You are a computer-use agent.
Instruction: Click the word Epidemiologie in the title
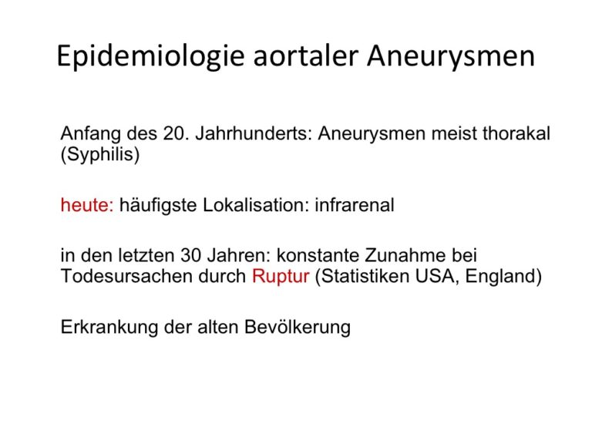(x=150, y=56)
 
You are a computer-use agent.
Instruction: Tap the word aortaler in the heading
(x=305, y=55)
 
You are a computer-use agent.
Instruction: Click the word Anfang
(x=91, y=134)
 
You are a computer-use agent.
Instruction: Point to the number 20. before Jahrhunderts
(x=176, y=133)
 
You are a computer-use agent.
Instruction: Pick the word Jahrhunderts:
(x=254, y=133)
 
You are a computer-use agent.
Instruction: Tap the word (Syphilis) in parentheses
(x=100, y=154)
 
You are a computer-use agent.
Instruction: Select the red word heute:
(x=87, y=205)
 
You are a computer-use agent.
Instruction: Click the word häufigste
(x=158, y=206)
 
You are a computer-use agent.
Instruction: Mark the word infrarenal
(x=355, y=205)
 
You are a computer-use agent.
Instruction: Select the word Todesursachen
(x=127, y=277)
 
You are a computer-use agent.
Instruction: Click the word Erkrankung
(x=109, y=328)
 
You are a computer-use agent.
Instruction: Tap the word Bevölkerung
(x=298, y=328)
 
